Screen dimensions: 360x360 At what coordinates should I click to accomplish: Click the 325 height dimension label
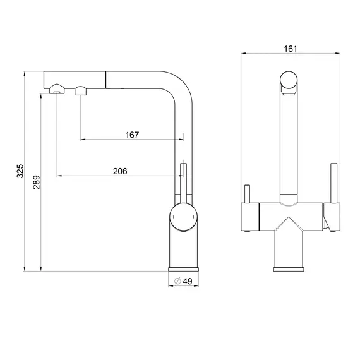(x=20, y=171)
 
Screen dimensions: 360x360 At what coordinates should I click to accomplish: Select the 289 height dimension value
(x=36, y=183)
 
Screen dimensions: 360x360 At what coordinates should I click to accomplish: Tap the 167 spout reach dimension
(x=132, y=135)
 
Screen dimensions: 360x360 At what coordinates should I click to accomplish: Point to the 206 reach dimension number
(x=120, y=171)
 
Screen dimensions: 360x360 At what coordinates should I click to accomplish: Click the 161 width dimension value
(x=291, y=49)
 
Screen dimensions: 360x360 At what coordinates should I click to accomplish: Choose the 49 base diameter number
(x=188, y=281)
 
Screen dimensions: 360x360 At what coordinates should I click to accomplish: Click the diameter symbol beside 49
(x=177, y=281)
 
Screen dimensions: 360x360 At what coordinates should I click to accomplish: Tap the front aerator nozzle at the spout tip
(x=57, y=89)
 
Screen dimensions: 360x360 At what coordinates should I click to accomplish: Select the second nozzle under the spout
(x=81, y=90)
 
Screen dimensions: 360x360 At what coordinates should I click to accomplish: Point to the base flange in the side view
(x=183, y=269)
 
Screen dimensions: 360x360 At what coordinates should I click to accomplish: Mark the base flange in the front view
(x=289, y=269)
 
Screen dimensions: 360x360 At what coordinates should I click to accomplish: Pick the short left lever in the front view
(x=247, y=194)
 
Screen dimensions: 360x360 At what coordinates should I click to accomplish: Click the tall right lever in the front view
(x=333, y=183)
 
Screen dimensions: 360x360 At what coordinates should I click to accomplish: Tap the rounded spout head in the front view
(x=289, y=83)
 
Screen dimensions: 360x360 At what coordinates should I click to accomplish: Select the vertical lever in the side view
(x=183, y=183)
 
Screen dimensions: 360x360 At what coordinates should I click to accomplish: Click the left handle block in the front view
(x=250, y=217)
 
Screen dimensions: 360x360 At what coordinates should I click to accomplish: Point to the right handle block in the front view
(x=332, y=217)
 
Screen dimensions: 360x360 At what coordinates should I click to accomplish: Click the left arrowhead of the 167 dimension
(x=83, y=140)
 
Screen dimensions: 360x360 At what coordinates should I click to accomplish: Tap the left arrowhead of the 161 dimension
(x=243, y=54)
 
